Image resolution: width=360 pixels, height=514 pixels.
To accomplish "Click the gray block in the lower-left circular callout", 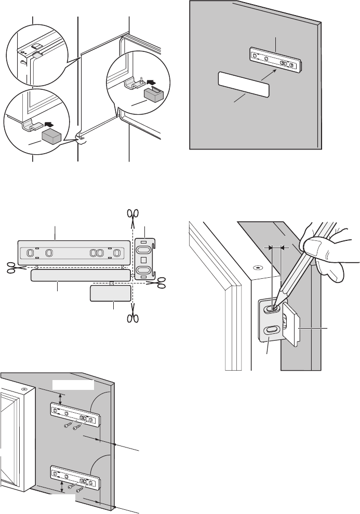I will tap(52, 136).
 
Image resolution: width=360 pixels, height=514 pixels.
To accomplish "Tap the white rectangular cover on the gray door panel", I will tap(244, 85).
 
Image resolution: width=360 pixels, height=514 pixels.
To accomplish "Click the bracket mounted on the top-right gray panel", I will tap(275, 60).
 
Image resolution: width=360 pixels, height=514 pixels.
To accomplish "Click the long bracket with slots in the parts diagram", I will tap(73, 252).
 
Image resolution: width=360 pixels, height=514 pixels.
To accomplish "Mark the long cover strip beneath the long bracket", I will tap(80, 275).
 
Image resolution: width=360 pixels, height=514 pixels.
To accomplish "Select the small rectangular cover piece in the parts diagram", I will tap(111, 293).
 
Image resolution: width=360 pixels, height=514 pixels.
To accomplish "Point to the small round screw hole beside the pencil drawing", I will tap(257, 267).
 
